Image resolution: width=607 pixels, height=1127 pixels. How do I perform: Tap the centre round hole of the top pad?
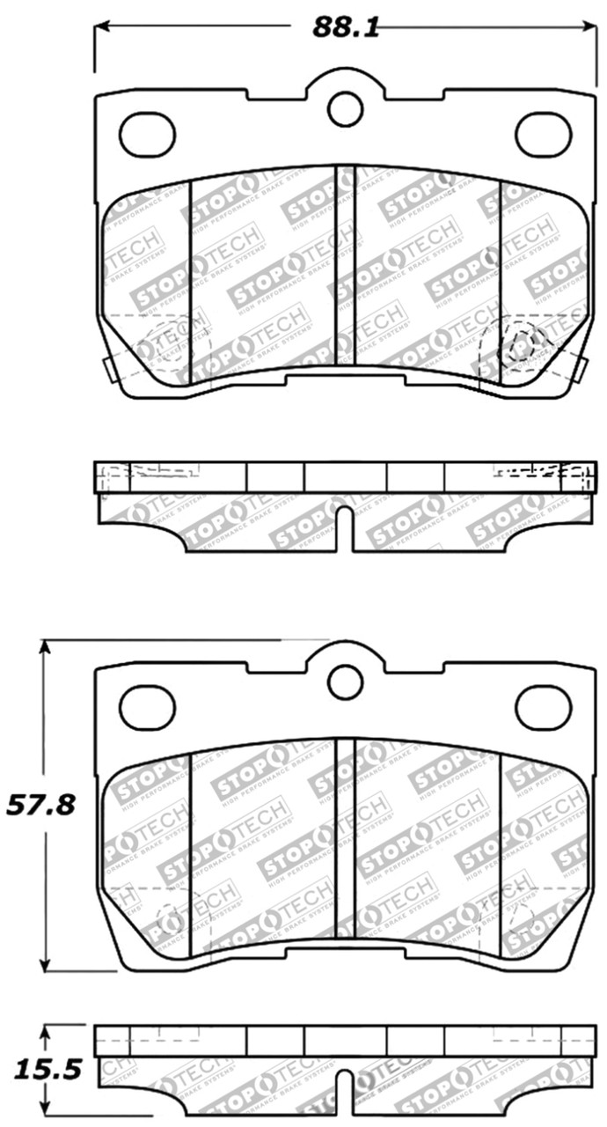[345, 108]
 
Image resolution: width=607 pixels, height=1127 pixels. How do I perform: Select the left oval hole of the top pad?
[147, 135]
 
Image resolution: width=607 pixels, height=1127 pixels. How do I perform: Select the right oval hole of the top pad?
[543, 135]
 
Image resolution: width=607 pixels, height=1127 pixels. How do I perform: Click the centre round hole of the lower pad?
[345, 681]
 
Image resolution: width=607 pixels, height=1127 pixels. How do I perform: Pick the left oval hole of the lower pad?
[147, 707]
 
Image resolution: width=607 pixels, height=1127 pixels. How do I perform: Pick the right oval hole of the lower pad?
[543, 707]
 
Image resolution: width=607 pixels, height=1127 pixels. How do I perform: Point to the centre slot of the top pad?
[345, 264]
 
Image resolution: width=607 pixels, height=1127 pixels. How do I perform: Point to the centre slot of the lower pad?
[345, 836]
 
